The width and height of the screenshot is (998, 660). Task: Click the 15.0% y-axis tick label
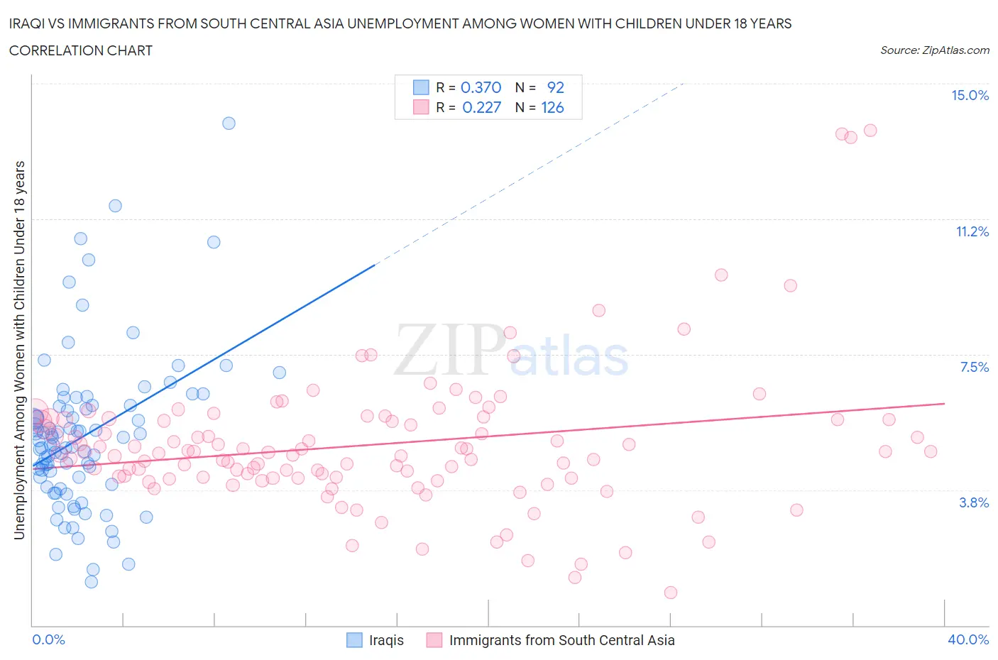click(970, 96)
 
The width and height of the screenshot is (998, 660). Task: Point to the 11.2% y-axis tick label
click(972, 231)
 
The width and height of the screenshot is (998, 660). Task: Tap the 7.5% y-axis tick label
click(974, 367)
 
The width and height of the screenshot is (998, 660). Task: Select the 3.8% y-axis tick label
click(974, 502)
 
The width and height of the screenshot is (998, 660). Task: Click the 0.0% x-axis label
click(48, 639)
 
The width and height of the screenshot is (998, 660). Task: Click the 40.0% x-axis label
click(968, 639)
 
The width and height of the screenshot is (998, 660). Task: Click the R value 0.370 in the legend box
click(481, 87)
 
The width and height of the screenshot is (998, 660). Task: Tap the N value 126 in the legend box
click(552, 107)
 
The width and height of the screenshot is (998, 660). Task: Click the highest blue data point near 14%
click(229, 123)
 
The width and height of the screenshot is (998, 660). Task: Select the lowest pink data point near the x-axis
click(670, 592)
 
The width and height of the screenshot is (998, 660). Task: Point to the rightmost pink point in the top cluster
click(870, 131)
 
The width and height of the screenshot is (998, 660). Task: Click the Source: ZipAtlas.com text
click(934, 50)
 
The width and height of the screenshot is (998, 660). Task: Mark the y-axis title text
click(19, 350)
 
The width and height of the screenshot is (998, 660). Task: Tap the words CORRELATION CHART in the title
click(81, 50)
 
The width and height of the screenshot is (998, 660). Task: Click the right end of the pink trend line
click(944, 403)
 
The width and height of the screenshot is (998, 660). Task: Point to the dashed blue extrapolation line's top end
click(682, 84)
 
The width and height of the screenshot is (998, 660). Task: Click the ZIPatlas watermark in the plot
click(511, 351)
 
